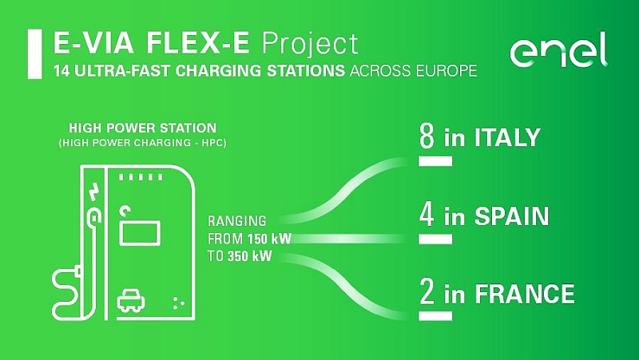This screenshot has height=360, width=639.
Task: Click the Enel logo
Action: (558, 49)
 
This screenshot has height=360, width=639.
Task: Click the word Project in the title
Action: (310, 44)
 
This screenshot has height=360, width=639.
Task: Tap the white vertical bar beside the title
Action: (34, 53)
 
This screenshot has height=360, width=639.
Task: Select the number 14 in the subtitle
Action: (62, 71)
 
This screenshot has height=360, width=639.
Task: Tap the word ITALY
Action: (507, 137)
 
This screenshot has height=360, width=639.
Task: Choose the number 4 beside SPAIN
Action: (427, 215)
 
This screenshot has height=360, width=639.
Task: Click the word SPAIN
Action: (512, 216)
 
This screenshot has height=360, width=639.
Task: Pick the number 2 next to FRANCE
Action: (427, 292)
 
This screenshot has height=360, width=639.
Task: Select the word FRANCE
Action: (525, 294)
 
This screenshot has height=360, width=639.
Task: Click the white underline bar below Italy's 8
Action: (435, 162)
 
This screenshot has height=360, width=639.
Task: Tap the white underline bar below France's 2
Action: (435, 316)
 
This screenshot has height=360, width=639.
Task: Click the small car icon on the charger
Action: (131, 301)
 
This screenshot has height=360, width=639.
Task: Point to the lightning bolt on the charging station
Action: (94, 192)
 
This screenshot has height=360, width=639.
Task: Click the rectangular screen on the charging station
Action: (140, 232)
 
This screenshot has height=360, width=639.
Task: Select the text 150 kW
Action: (269, 239)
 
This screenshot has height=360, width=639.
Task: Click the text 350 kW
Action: (249, 256)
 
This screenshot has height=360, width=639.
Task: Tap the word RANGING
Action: (236, 221)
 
